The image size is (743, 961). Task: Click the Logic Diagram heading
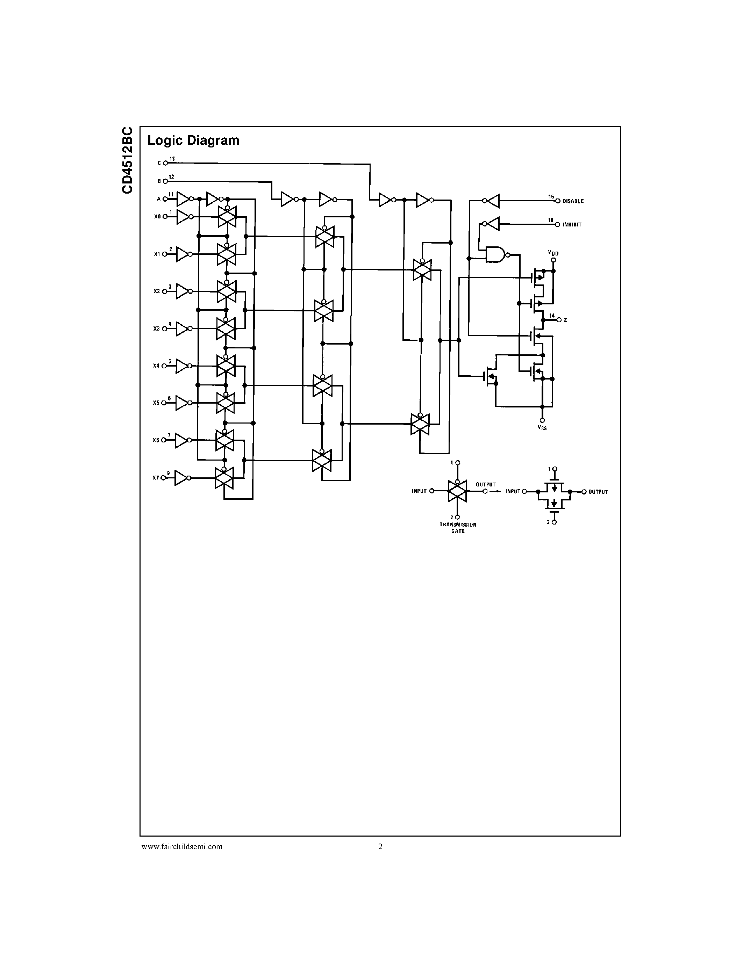(x=193, y=140)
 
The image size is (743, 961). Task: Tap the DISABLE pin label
(x=573, y=201)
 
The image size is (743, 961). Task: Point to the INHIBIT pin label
(x=572, y=225)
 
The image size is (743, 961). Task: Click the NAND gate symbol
(x=495, y=254)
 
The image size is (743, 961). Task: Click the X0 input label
(x=157, y=217)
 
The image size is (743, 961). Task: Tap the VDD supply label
(x=553, y=253)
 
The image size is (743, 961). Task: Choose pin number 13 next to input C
(x=172, y=158)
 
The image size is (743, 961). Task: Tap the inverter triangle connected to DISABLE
(x=493, y=201)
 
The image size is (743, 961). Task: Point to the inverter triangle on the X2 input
(x=183, y=291)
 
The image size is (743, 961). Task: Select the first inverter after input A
(x=183, y=199)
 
